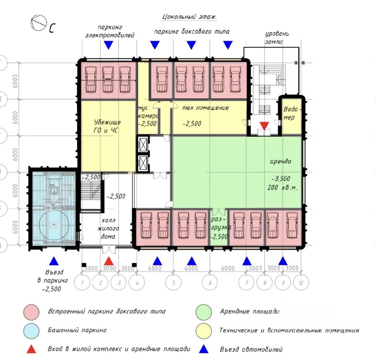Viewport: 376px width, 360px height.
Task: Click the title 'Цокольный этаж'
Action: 189,17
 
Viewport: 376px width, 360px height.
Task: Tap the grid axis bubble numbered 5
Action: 174,283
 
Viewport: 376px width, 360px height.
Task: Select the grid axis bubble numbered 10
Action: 301,283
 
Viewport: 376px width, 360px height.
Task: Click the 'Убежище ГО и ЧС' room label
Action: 107,126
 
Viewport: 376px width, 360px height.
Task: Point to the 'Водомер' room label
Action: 290,113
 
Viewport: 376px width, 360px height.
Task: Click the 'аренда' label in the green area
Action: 281,161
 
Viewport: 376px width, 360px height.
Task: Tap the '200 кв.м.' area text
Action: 282,187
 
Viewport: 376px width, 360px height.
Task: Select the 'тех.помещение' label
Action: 205,108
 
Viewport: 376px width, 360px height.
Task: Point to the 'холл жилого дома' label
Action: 108,228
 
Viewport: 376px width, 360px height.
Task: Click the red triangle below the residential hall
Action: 109,261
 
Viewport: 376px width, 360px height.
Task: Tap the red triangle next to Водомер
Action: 265,126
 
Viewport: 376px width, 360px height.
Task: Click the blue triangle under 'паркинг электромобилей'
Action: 108,45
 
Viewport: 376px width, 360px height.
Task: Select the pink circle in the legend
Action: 31,312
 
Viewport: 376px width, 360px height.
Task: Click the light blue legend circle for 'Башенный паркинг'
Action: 31,331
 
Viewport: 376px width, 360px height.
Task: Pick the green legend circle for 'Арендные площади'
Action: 204,312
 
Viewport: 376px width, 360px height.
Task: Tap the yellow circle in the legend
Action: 204,331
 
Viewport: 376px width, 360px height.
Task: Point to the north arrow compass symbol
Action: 39,23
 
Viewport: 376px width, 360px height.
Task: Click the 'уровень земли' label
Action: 277,38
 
